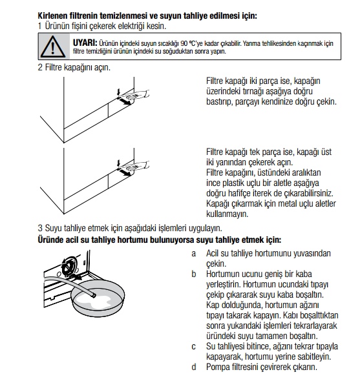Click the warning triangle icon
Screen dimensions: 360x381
coord(53,46)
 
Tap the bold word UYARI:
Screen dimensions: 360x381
coord(85,43)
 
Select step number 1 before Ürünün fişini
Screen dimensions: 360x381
coord(40,26)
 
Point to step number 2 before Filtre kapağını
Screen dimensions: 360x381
coord(40,67)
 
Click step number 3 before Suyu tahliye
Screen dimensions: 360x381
coord(40,228)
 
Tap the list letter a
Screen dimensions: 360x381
coord(194,254)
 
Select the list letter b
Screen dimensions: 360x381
coord(194,274)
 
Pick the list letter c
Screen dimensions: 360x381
coord(194,347)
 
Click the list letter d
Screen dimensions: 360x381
coord(194,367)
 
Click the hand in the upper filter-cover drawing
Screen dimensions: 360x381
coord(138,94)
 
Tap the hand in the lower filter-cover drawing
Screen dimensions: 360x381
coord(138,166)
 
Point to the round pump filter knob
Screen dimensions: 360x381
coord(69,266)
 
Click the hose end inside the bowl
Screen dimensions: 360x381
coord(93,295)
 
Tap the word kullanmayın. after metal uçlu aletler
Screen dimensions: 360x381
coord(228,214)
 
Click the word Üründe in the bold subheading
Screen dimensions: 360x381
coord(50,240)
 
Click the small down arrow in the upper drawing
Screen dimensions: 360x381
coord(119,92)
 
